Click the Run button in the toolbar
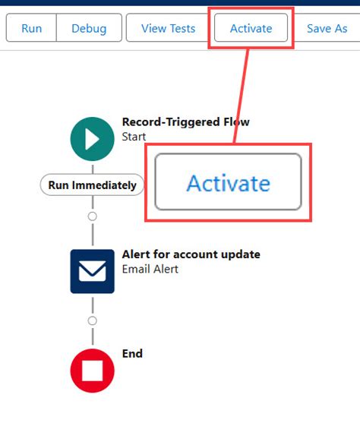click(32, 28)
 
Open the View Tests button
click(168, 28)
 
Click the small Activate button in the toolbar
click(251, 28)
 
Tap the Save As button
click(327, 28)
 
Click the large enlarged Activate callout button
click(228, 182)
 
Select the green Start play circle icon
click(93, 139)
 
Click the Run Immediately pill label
click(92, 185)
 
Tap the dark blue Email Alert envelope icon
click(93, 271)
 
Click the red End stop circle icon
click(93, 371)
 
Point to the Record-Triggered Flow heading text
click(185, 122)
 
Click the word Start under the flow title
click(134, 137)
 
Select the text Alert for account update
click(191, 254)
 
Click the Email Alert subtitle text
click(150, 269)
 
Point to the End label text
click(132, 353)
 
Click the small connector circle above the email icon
click(93, 216)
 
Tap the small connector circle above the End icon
click(93, 320)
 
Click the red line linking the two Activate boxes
click(242, 96)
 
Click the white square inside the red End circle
click(93, 371)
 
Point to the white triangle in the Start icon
click(92, 139)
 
